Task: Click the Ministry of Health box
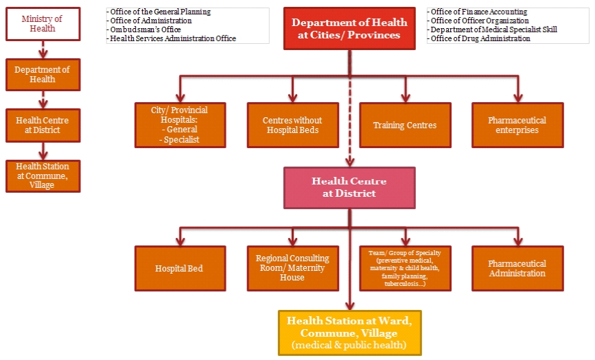tap(43, 24)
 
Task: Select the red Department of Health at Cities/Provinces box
tap(349, 29)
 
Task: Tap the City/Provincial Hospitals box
tap(180, 125)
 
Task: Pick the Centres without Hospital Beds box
tap(293, 125)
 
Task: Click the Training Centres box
tap(405, 125)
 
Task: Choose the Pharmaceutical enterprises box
tap(517, 125)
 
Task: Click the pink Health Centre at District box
tap(349, 187)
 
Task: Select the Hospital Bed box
tap(180, 268)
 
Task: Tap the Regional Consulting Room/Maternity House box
tap(293, 268)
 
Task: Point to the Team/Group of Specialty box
tap(405, 268)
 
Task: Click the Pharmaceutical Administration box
tap(517, 268)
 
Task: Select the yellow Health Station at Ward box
tap(349, 333)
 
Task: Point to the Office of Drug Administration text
tap(480, 39)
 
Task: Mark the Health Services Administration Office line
tap(172, 39)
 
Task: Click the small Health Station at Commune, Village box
tap(43, 176)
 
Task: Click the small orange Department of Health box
tap(43, 74)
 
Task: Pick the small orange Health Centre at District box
tap(43, 125)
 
